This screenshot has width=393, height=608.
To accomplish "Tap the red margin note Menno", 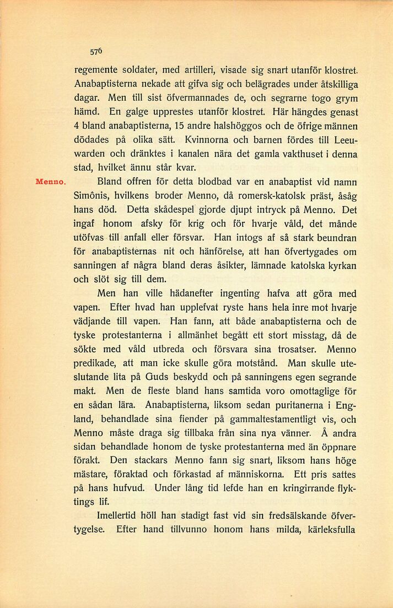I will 51,181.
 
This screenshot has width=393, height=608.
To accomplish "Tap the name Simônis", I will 91,196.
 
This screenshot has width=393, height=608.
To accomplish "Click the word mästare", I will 91,475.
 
